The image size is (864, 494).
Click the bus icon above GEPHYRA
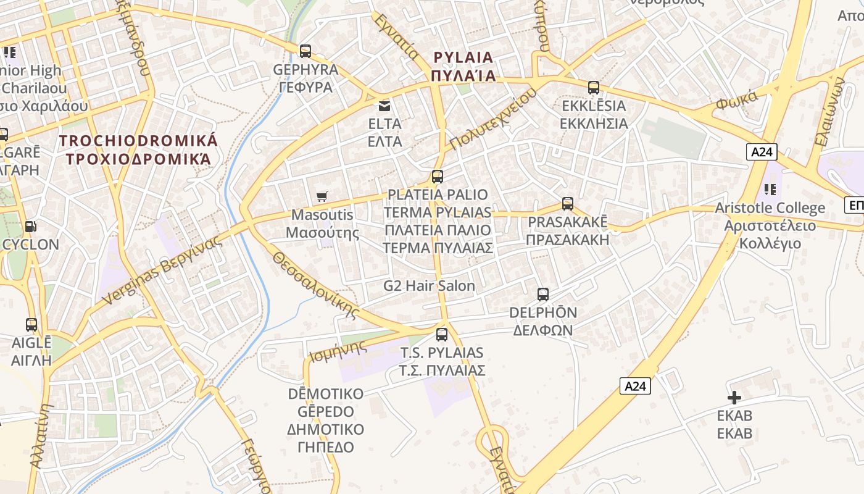coord(305,51)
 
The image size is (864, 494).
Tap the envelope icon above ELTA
coord(384,106)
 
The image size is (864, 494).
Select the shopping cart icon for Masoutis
coord(322,196)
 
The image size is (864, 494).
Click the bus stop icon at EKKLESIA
coord(593,87)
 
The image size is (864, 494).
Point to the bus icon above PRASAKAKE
coord(567,203)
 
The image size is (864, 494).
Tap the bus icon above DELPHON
coord(542,294)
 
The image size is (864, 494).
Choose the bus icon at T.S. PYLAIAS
coord(441,334)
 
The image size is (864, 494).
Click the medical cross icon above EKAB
coord(734,397)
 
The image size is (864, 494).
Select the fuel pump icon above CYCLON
coord(30,227)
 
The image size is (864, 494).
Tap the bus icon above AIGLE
coord(31,324)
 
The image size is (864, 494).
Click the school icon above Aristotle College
coord(769,190)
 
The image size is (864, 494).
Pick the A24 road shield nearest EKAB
coord(635,386)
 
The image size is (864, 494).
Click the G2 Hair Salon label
coord(429,286)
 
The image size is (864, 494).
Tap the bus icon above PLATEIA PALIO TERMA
coord(438,177)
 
